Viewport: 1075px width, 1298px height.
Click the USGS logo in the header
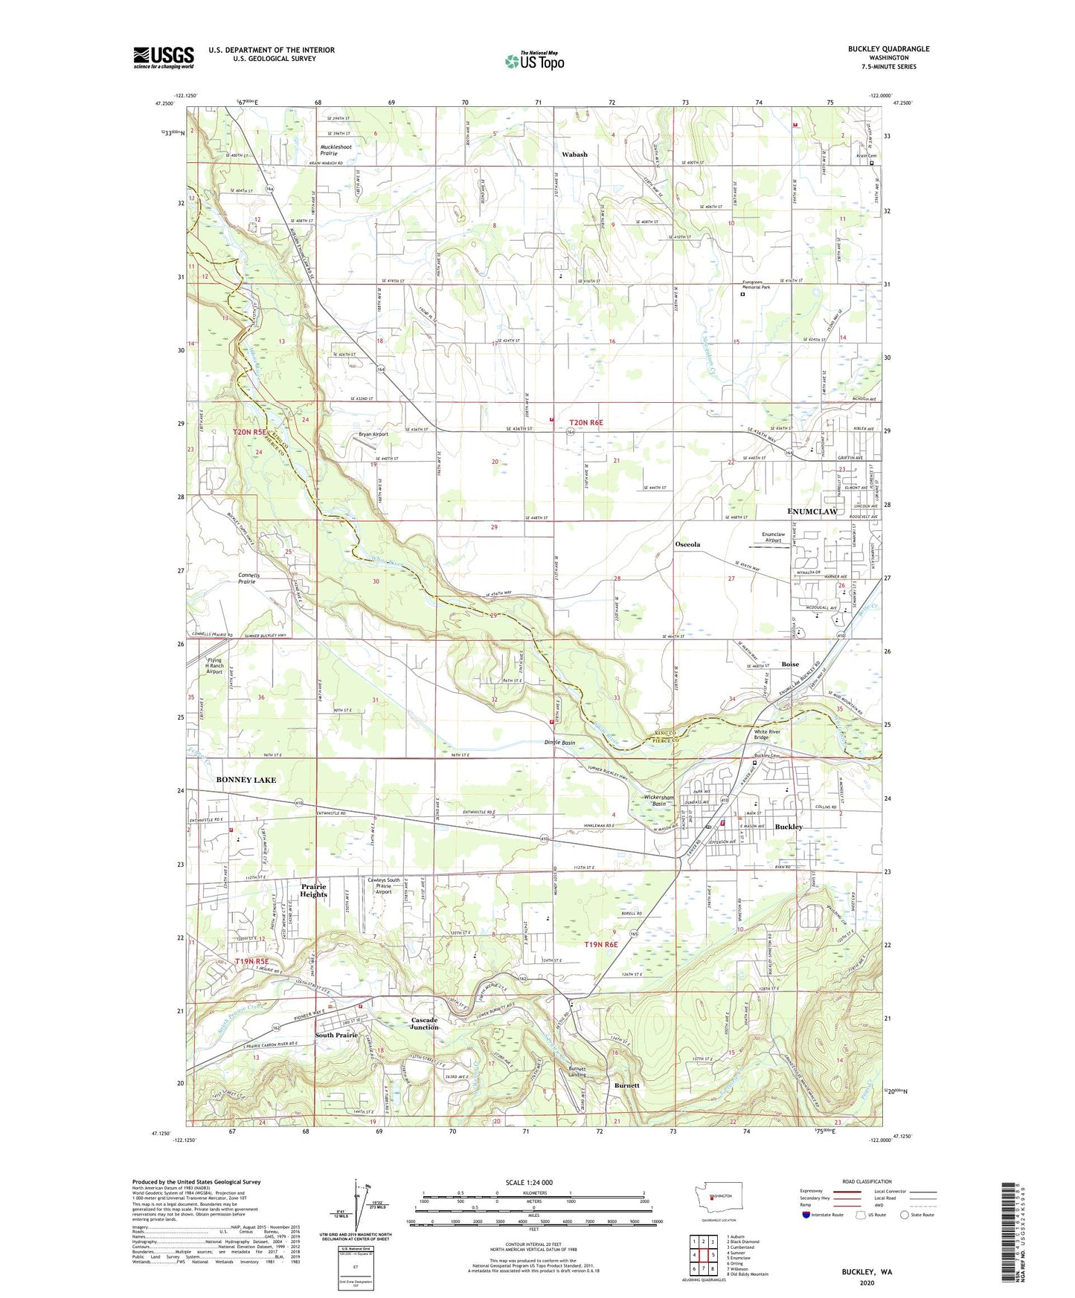click(164, 57)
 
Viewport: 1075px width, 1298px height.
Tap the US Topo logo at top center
click(534, 61)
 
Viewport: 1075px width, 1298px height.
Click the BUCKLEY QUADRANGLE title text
click(888, 49)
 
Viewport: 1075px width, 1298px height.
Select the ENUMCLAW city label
click(812, 511)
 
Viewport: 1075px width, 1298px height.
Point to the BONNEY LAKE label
click(246, 780)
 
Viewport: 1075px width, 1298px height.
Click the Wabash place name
click(574, 155)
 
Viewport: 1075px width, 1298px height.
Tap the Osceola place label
click(687, 544)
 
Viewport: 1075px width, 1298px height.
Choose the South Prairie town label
click(336, 1035)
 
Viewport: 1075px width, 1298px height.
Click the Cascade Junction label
click(425, 1024)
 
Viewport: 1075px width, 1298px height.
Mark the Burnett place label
click(627, 1085)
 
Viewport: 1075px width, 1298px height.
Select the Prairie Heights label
click(313, 891)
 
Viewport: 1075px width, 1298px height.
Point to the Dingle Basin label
click(559, 743)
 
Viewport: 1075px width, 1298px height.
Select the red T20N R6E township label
click(586, 422)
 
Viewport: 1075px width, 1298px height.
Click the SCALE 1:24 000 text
click(528, 1183)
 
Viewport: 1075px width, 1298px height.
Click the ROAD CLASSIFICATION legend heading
click(867, 1181)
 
